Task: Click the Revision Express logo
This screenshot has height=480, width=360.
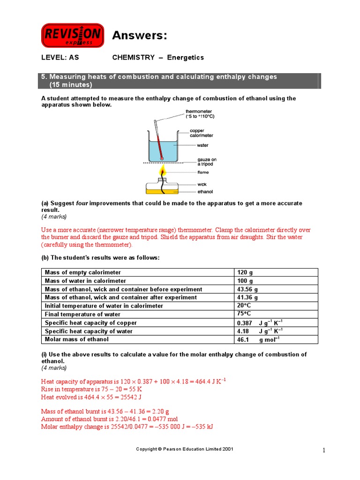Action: (73, 36)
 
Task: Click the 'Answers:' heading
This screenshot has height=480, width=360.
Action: (139, 36)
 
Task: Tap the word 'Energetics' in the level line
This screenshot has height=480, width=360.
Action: (186, 58)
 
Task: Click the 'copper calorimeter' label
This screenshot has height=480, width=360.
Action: (201, 133)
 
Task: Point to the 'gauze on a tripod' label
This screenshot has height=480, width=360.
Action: (207, 162)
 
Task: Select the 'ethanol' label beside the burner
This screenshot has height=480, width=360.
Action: (205, 192)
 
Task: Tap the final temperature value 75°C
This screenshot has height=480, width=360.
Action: (245, 314)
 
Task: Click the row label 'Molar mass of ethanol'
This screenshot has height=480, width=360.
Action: (76, 339)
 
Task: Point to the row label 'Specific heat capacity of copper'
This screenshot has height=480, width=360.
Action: (91, 323)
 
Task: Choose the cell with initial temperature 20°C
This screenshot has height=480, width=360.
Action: (245, 306)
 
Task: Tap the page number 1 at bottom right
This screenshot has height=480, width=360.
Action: (323, 450)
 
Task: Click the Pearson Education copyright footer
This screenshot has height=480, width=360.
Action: (184, 449)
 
